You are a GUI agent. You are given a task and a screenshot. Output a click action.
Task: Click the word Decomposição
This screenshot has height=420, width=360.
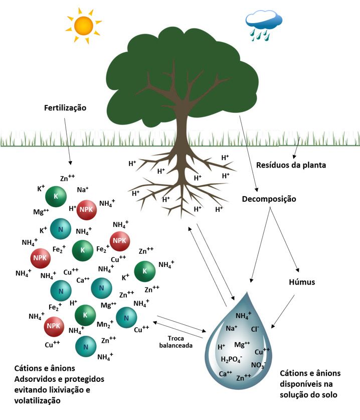269,199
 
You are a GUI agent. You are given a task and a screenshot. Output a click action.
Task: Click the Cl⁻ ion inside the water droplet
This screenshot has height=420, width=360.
255,329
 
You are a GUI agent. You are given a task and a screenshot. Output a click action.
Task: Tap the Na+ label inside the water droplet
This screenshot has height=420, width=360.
232,329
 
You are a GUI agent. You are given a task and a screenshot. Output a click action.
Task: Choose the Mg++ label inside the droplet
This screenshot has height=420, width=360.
242,345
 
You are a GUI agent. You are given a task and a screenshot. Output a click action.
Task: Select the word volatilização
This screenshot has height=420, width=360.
37,400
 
